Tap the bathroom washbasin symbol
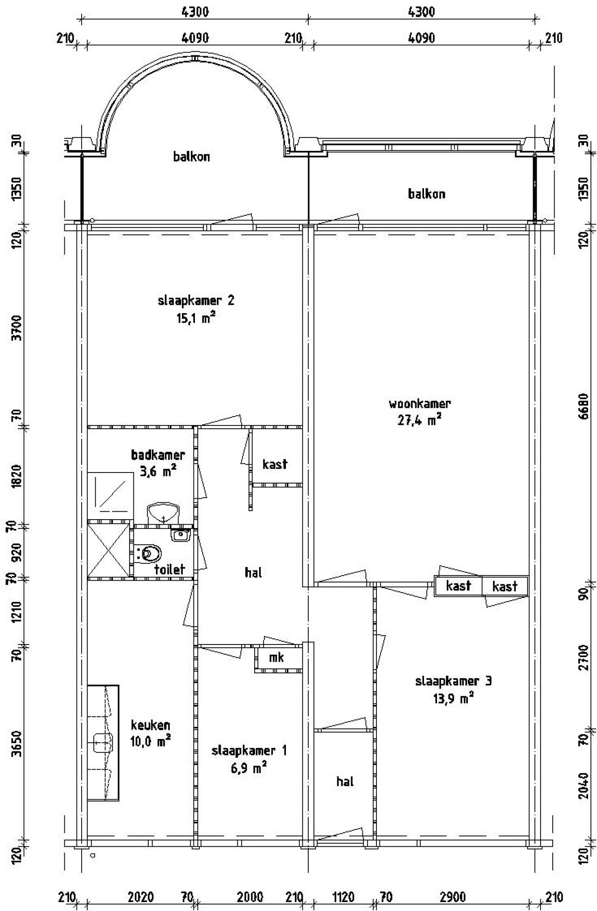pos(163,514)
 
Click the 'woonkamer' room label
pos(420,403)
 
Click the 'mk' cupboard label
pos(277,658)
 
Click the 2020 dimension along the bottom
pos(141,897)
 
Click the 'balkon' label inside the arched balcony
pos(192,157)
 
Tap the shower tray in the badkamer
pos(109,493)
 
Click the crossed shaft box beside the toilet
pos(109,550)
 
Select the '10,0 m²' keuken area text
pos(150,741)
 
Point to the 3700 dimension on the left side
pos(17,328)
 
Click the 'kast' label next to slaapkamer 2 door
pos(275,464)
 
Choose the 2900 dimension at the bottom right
pos(452,897)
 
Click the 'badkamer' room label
pos(158,454)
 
